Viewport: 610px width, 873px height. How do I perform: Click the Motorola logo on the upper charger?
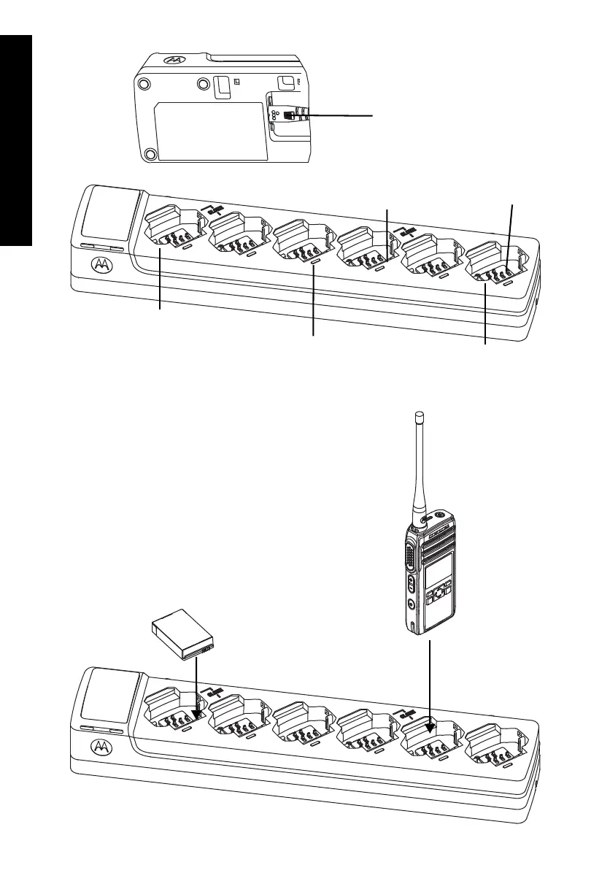(x=102, y=264)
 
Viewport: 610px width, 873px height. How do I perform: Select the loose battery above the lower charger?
(x=182, y=634)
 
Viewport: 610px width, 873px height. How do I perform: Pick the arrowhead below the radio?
(x=431, y=726)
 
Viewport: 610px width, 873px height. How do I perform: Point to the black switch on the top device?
(x=290, y=115)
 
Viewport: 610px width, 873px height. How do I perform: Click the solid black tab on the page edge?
(x=16, y=139)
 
